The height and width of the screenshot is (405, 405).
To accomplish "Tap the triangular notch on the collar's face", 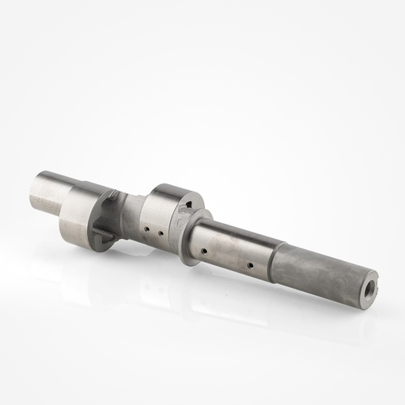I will click(186, 207).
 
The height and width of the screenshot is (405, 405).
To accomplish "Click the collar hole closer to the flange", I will click(161, 234).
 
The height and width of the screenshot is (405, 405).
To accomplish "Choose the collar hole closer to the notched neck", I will click(147, 230).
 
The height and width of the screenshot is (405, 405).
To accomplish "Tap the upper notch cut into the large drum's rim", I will click(115, 194).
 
